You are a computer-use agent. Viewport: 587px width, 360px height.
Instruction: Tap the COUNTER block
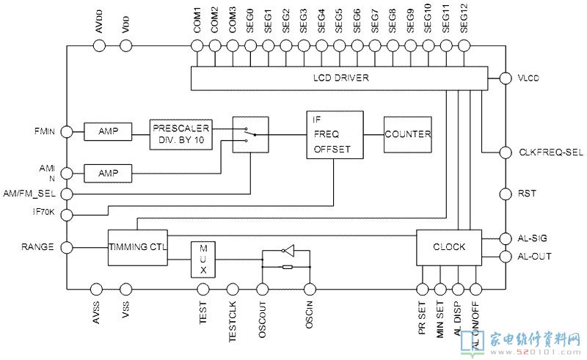coord(407,134)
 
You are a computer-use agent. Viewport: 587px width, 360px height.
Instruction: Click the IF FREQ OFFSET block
coord(335,134)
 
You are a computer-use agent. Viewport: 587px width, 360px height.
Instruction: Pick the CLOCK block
coord(449,247)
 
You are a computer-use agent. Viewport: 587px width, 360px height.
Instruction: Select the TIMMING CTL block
coord(137,247)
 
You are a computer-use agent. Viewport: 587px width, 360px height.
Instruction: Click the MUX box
coord(203,260)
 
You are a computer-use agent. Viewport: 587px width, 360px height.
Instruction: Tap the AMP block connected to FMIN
coord(108,131)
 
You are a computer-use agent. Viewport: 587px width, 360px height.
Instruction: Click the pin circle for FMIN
coord(66,131)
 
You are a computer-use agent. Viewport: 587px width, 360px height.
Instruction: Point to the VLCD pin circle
coord(505,78)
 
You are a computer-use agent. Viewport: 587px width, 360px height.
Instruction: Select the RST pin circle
coord(505,194)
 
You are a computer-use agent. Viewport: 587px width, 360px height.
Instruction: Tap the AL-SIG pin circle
coord(505,238)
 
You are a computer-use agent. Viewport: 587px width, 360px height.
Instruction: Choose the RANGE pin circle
coord(66,247)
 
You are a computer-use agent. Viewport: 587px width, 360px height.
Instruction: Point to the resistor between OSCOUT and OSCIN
coord(287,267)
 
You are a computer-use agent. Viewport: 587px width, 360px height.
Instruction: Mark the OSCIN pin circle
coord(310,289)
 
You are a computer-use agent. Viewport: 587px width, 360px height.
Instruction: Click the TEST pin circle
coord(203,289)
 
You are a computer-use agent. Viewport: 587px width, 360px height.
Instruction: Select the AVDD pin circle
coord(100,46)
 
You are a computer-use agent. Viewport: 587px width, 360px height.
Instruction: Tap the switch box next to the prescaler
coord(250,134)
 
